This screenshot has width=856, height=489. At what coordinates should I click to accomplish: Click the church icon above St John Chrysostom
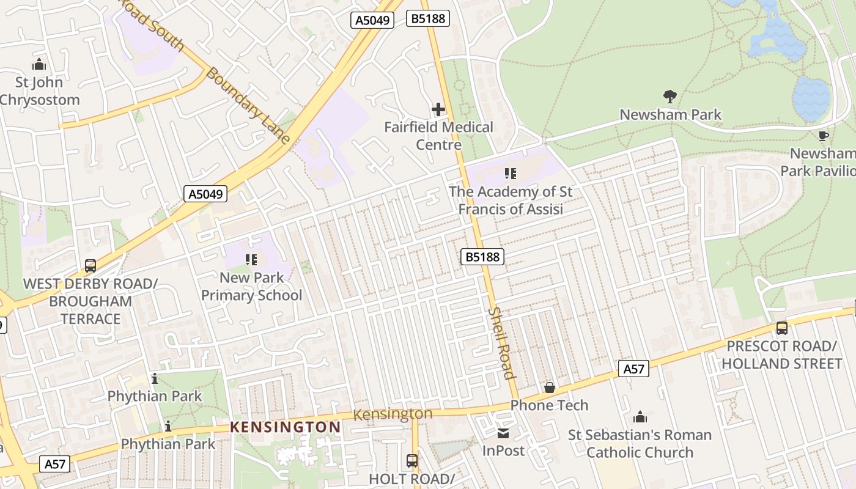coord(39,64)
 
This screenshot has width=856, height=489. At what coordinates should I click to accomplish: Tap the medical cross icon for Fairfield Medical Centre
coord(438,109)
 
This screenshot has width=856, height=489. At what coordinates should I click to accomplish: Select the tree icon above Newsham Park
coord(670,96)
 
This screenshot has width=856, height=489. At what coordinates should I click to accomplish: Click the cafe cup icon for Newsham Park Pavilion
coord(823,136)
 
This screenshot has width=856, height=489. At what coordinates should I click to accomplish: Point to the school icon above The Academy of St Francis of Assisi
coord(511,174)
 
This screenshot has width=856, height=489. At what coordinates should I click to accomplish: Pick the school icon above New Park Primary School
coord(251,260)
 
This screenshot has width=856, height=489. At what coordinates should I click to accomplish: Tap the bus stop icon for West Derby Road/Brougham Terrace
coord(90,266)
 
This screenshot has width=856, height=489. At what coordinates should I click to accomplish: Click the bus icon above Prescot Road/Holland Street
coord(781,328)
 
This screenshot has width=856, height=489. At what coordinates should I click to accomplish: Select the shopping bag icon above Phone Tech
coord(549,388)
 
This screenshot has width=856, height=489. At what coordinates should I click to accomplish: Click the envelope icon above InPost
coord(503,433)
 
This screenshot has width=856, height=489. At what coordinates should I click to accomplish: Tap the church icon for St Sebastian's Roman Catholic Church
coord(640,417)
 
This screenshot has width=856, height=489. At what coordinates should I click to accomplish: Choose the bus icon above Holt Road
coord(412,460)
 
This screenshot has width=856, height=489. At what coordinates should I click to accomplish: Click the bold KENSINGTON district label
coord(285,427)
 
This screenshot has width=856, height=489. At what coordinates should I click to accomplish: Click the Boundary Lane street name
coord(248,105)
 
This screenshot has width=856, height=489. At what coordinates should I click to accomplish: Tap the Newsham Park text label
coord(670,114)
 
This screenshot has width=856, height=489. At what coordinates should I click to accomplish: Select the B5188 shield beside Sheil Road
coord(482,257)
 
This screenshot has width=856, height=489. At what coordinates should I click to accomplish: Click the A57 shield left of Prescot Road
coord(633,369)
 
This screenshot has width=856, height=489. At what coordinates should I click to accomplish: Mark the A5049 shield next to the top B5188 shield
coord(372,20)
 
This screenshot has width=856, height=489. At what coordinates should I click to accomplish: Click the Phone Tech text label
coord(549,405)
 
